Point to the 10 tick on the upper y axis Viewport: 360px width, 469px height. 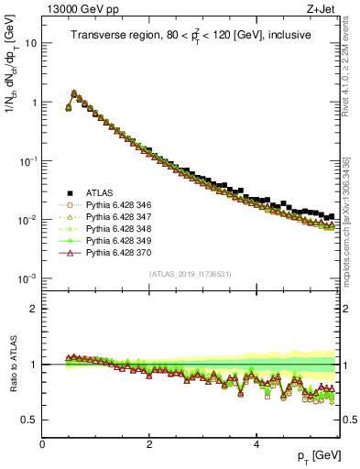(31, 43)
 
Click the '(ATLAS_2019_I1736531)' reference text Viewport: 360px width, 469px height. (191, 273)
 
